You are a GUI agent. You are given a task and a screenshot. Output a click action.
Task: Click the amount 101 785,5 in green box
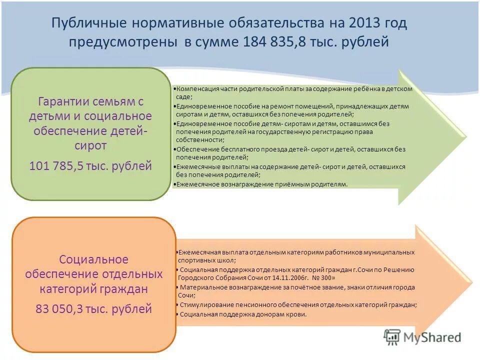point(63,166)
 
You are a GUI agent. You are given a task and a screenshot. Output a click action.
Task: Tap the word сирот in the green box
point(91,145)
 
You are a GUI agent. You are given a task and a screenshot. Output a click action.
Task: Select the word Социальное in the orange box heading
point(93,259)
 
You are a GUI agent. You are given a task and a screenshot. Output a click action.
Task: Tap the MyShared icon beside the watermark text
point(392,336)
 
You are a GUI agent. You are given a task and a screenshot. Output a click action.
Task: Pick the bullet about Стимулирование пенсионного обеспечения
point(297,304)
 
